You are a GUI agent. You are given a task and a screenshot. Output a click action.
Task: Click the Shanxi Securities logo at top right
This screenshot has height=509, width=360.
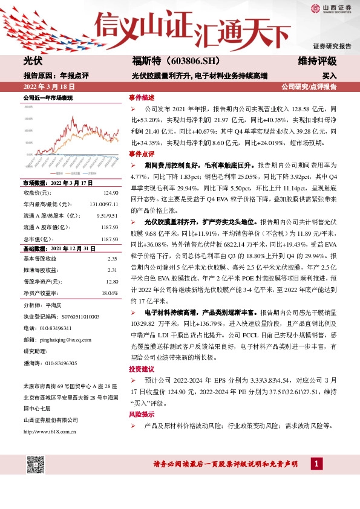click(330, 8)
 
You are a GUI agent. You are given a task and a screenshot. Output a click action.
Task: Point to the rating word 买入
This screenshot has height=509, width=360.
click(330, 76)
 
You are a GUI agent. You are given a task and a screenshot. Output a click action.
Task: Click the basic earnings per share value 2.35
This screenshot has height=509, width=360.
click(112, 259)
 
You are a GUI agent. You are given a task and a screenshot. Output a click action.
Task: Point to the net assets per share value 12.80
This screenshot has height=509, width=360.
click(111, 281)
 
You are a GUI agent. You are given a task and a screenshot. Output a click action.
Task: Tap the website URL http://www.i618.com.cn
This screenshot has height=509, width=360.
click(48, 431)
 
